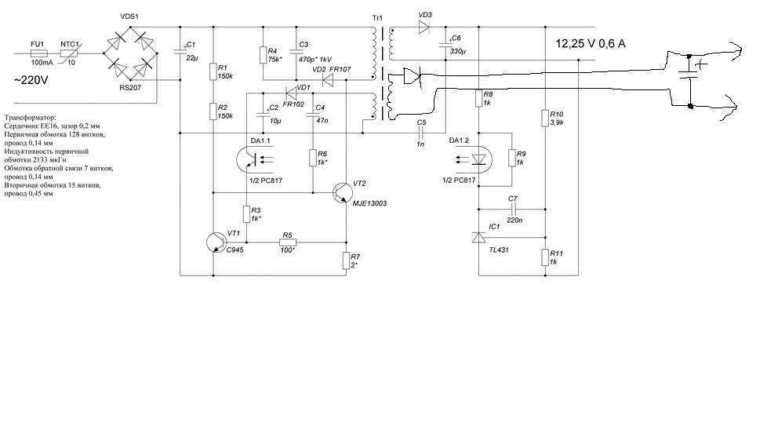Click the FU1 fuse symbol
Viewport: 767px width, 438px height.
[38, 53]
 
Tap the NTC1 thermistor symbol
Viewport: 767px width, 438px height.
[69, 53]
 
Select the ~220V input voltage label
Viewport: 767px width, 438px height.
[32, 80]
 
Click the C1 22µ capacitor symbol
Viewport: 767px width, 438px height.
[180, 50]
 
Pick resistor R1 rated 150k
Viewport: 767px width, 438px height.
[213, 71]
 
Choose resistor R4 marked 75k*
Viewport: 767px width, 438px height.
[263, 55]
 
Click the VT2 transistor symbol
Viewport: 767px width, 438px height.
[341, 193]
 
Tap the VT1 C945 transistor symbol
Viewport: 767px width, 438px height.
[216, 243]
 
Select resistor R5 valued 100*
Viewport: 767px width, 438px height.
[288, 243]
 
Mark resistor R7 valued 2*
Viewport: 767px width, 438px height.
[346, 261]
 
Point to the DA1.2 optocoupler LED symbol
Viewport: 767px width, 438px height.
[474, 159]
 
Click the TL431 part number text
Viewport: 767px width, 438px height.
[499, 250]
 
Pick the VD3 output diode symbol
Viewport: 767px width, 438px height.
[424, 27]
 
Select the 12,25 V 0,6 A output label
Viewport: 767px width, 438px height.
[591, 43]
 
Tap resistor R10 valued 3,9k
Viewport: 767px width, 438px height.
[545, 118]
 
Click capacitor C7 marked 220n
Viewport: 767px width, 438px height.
[512, 209]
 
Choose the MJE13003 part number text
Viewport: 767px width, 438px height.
[370, 203]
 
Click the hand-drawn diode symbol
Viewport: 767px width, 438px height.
[412, 76]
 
